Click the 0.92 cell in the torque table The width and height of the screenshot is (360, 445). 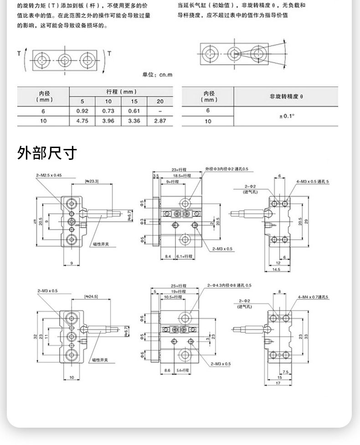coord(82,111)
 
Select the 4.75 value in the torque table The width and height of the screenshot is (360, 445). coord(82,121)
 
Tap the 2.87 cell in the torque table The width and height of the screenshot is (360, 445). coord(160,121)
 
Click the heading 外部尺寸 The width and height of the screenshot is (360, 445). coord(47,153)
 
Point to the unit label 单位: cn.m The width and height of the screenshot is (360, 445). coord(158,75)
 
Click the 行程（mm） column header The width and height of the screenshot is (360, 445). coord(121,92)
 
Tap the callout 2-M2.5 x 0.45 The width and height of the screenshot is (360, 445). coord(49,175)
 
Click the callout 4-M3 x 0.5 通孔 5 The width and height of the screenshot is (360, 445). coord(313,182)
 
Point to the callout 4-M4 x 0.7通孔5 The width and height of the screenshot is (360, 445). coord(313,297)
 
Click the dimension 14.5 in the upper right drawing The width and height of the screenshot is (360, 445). coord(277,270)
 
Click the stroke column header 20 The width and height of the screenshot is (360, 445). coord(160,102)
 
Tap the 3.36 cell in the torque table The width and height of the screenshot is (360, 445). coord(134,121)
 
